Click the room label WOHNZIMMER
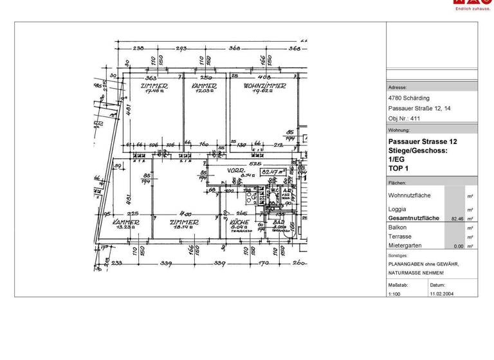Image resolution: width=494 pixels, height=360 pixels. click(264, 85)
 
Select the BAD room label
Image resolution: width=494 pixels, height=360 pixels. click(279, 222)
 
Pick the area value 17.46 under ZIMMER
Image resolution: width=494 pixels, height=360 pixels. click(154, 91)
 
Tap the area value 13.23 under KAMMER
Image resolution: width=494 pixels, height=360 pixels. click(127, 228)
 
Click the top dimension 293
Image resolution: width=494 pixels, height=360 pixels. click(181, 48)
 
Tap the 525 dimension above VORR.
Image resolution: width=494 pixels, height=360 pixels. click(255, 164)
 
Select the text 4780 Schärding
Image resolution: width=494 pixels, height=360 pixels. click(406, 98)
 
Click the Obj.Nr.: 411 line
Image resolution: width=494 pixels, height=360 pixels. click(403, 119)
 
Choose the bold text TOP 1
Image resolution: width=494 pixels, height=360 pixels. click(398, 168)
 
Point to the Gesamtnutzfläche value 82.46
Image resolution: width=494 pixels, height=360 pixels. click(457, 219)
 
